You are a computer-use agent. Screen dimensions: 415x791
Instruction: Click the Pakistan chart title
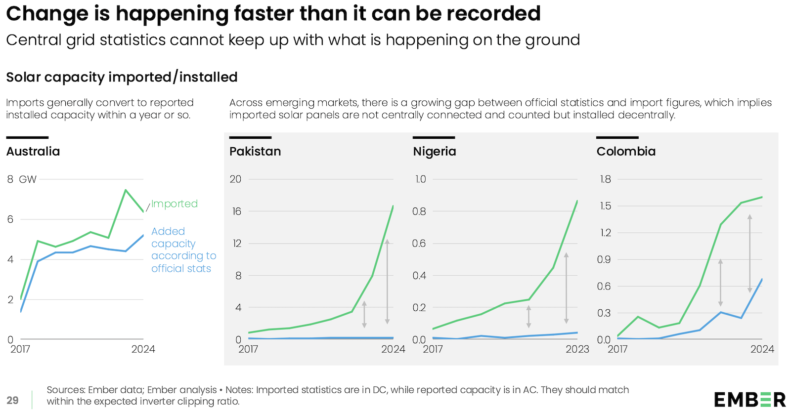point(255,151)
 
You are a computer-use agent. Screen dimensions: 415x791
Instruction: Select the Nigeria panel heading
point(435,151)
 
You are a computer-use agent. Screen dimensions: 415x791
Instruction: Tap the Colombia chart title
point(626,151)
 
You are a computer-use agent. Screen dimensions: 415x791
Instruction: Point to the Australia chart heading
point(33,151)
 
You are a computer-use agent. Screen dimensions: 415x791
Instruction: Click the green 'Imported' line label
point(174,204)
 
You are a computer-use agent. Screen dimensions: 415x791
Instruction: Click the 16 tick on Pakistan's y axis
point(236,211)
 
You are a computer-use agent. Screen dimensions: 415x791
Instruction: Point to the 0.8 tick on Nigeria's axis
point(419,211)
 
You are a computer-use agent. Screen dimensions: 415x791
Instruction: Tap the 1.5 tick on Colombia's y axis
point(605,206)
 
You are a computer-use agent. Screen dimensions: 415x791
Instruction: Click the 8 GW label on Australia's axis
point(22,179)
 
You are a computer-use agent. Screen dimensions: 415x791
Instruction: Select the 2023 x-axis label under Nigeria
point(577,349)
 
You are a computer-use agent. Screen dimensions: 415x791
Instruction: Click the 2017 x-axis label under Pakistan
point(248,349)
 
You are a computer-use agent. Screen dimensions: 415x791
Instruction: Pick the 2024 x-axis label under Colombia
point(762,349)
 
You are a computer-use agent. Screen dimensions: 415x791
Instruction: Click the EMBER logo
point(749,399)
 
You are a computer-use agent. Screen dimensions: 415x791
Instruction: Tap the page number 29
point(13,400)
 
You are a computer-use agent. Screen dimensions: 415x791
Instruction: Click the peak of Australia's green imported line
point(126,190)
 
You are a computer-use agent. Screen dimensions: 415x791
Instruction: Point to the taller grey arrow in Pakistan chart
point(387,282)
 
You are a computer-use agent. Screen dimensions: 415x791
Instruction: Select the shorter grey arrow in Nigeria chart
point(528,317)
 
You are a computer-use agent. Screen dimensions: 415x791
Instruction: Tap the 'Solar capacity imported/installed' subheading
point(122,77)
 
